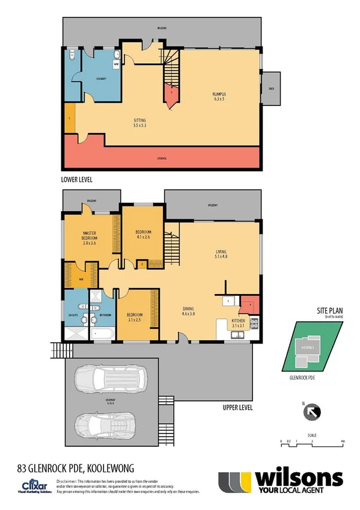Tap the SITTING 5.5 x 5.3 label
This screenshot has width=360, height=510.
point(139,123)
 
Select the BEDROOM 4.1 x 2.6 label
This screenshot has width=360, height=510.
point(142,235)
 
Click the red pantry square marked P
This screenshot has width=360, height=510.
point(248,305)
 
